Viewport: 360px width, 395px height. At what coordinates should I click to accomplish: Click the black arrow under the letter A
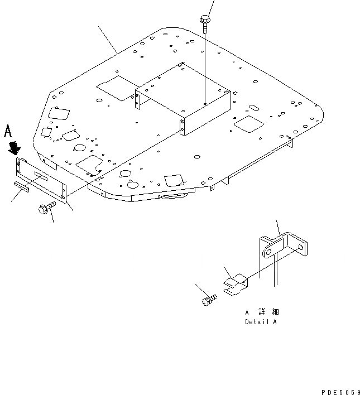pos(15,148)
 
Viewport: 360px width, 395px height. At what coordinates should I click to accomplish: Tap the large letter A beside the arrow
pos(8,131)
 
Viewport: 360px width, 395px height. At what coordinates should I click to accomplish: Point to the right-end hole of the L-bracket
pos(303,246)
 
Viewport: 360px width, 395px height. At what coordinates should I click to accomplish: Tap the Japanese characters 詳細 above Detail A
pos(269,312)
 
